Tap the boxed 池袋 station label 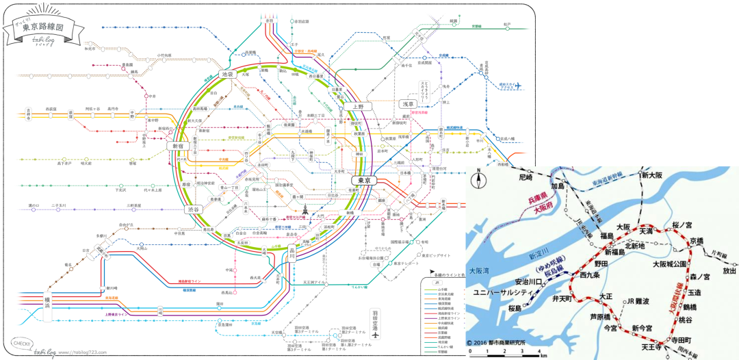click(x=228, y=73)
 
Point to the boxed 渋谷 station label click(x=192, y=209)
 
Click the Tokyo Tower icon click(x=305, y=209)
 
